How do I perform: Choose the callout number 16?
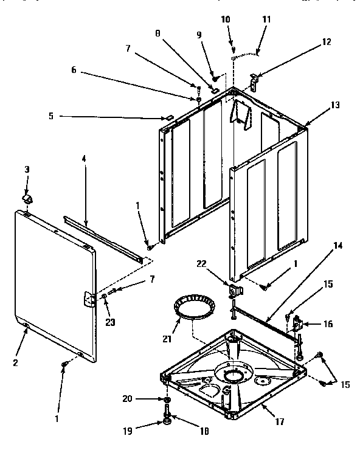[x=328, y=324]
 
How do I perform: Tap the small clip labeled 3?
[x=27, y=199]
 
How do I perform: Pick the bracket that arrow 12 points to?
[x=255, y=80]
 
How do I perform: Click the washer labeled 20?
[x=167, y=400]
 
